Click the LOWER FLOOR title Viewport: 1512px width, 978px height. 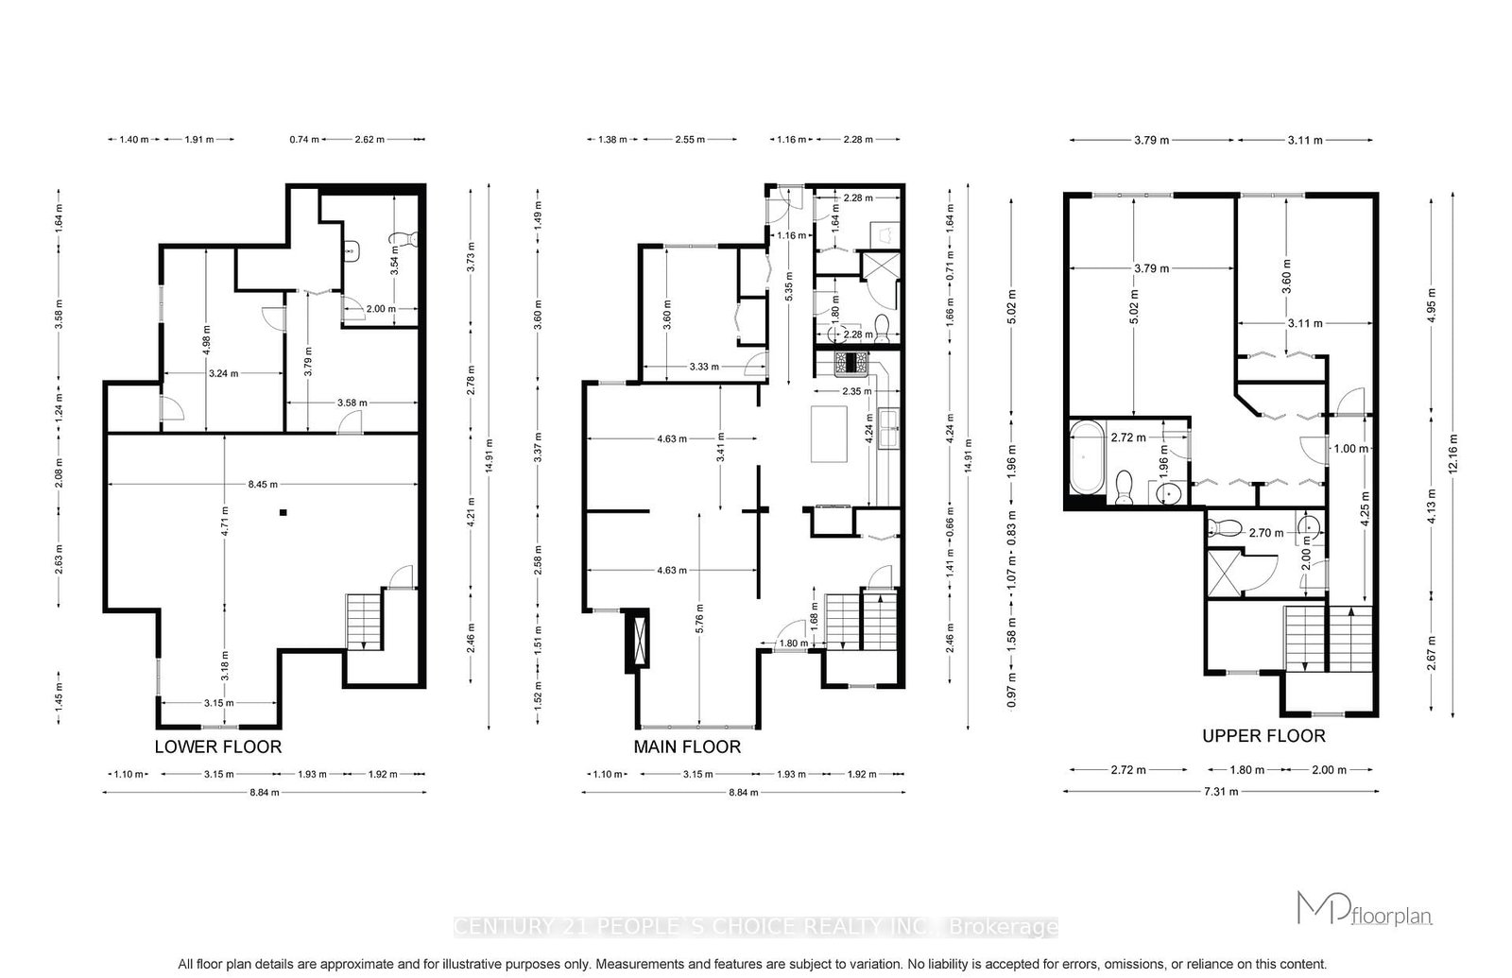click(217, 746)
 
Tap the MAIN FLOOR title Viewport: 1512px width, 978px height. click(687, 746)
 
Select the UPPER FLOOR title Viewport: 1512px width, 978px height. click(1263, 735)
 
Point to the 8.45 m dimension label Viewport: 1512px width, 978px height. click(263, 485)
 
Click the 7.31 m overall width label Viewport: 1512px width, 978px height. click(1220, 792)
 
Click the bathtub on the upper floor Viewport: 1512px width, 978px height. click(1086, 458)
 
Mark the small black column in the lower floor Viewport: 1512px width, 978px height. click(283, 513)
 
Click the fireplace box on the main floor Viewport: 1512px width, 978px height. click(639, 640)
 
